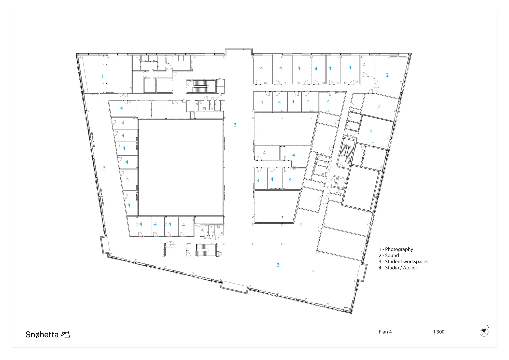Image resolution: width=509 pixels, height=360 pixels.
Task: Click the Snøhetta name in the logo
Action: (42, 334)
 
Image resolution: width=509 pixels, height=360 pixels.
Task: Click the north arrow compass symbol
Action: (484, 332)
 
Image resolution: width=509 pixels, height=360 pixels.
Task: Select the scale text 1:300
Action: (439, 332)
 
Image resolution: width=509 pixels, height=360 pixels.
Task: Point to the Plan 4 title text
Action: (385, 332)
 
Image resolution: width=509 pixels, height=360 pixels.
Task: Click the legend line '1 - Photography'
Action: (396, 249)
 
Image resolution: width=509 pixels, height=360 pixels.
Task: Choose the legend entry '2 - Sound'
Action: (389, 255)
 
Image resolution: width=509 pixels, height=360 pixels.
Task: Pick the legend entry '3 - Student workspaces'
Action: (403, 262)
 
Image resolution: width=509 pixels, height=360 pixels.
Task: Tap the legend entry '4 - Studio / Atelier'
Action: (398, 268)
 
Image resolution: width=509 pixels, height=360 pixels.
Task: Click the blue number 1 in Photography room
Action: (103, 76)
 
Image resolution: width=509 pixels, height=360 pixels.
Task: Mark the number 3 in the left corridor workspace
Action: (104, 168)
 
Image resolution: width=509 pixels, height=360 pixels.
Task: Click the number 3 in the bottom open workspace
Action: (278, 265)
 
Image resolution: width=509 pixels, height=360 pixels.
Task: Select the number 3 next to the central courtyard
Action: (235, 125)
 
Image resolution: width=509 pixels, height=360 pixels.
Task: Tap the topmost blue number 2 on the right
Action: (387, 75)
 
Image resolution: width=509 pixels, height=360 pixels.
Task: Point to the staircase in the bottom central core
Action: (202, 250)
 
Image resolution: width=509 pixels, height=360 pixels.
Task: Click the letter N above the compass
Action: (488, 327)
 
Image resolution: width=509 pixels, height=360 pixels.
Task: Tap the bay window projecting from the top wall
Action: (238, 52)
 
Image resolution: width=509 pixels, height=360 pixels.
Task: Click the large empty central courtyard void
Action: (181, 168)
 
